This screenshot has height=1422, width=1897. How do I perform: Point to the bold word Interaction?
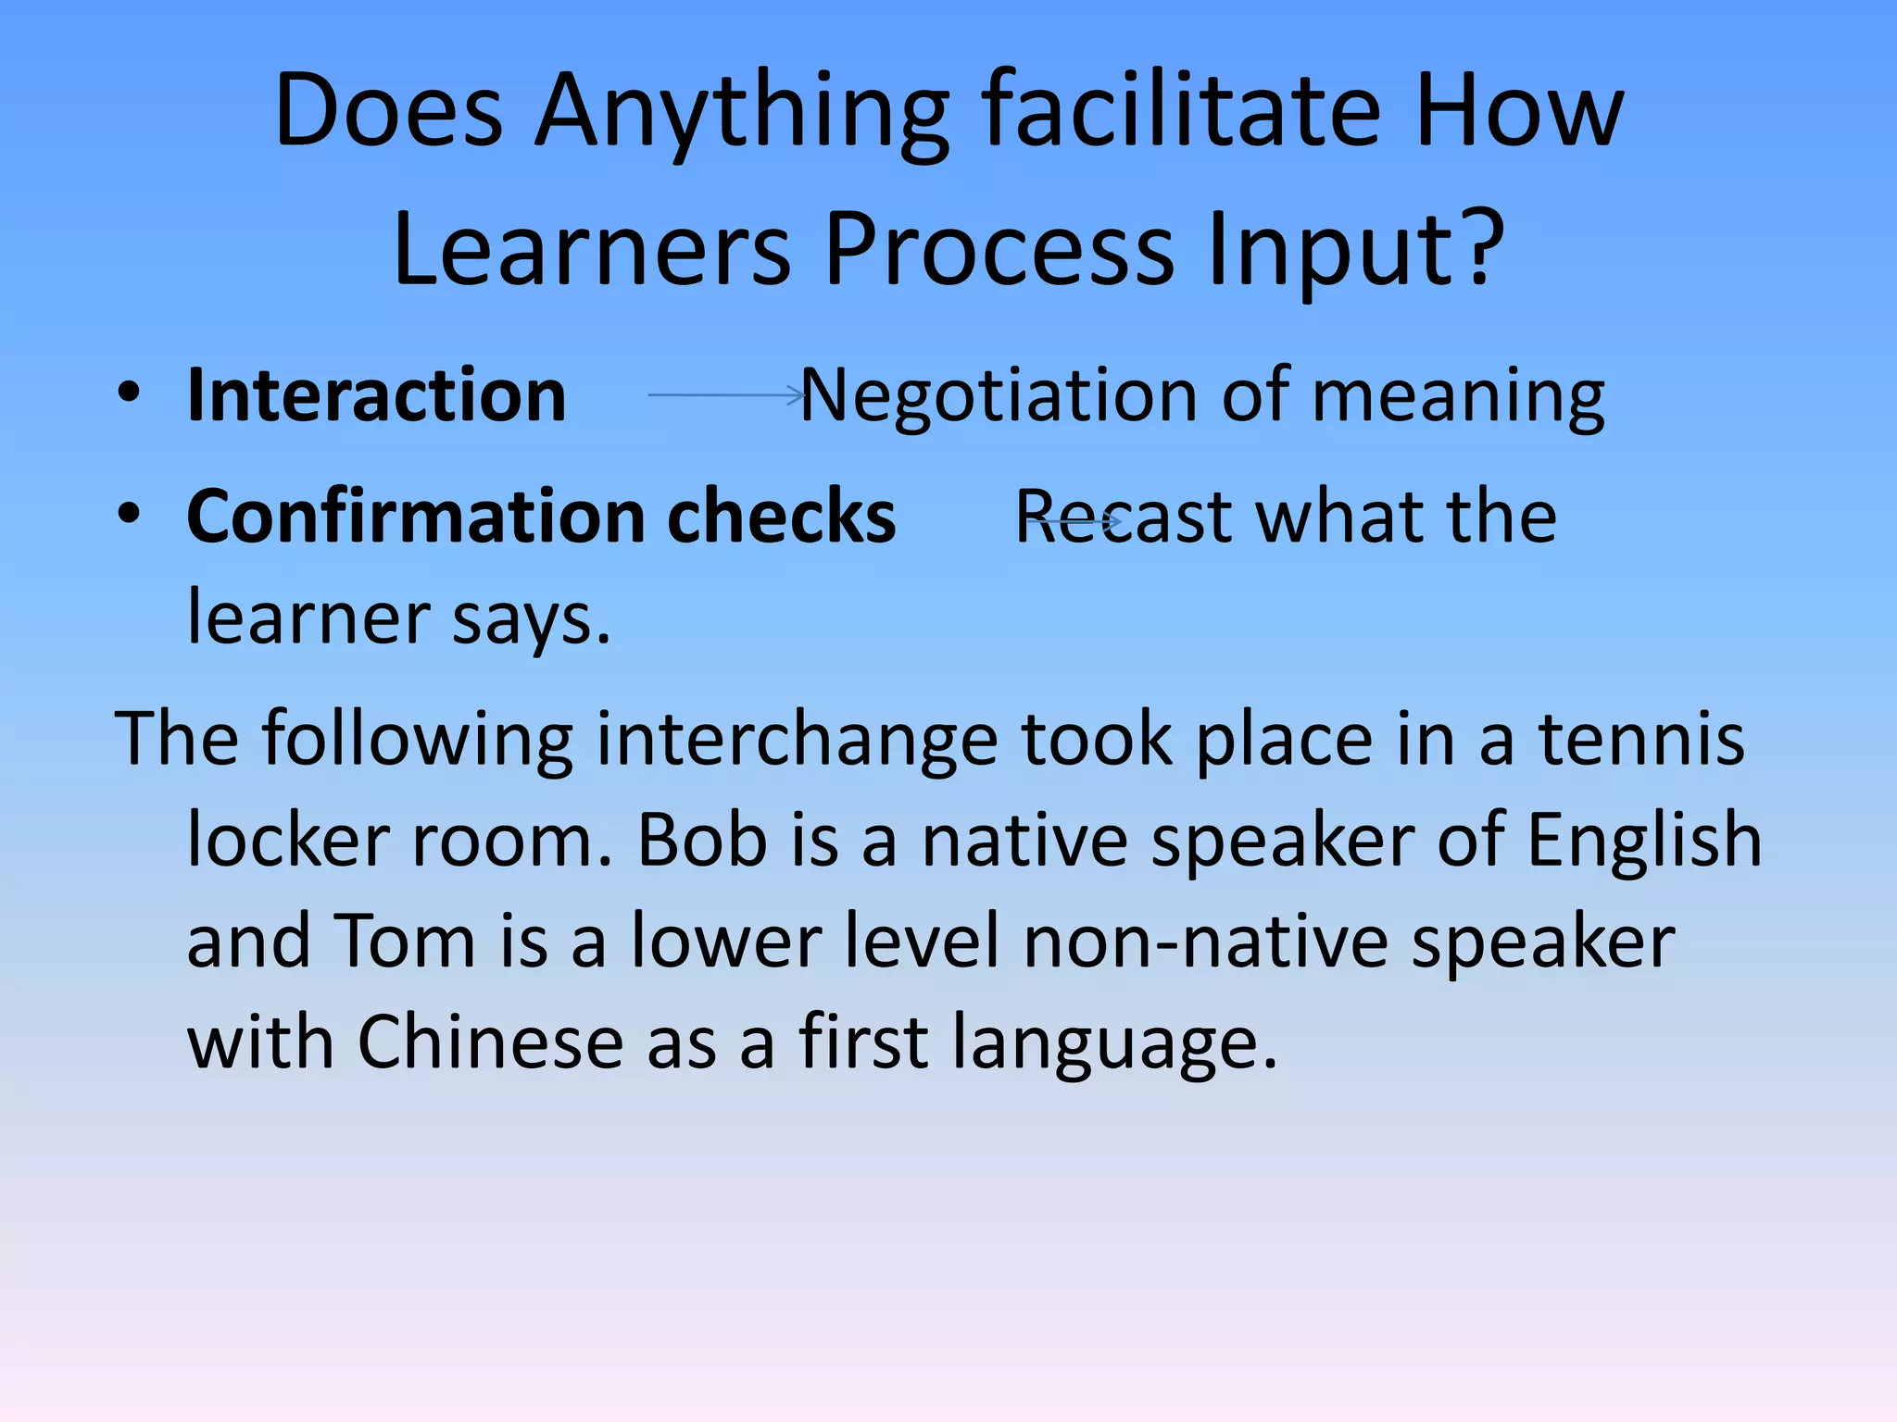(x=376, y=395)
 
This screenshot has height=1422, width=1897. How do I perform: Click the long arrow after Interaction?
(x=727, y=395)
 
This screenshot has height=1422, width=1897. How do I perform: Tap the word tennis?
(x=1640, y=739)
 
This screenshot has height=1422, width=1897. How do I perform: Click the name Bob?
(x=702, y=840)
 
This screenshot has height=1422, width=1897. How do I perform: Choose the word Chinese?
(x=490, y=1042)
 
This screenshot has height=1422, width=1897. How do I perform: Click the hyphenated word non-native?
(x=1205, y=941)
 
